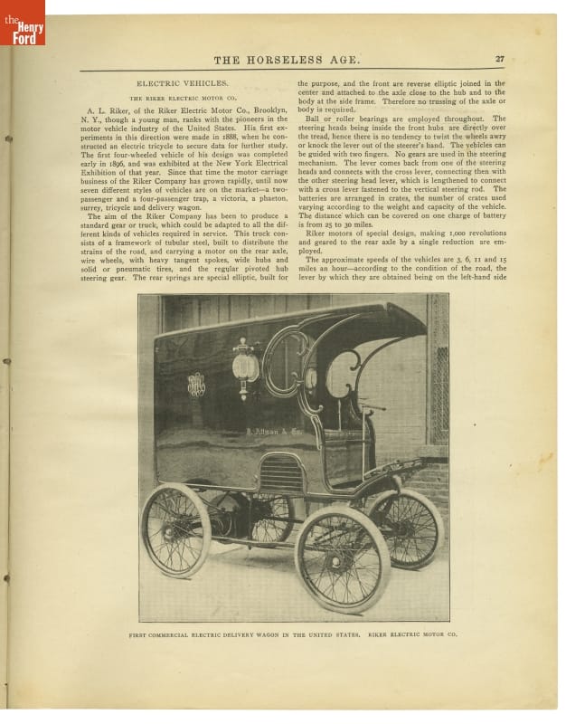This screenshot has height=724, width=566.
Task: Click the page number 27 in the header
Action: point(499,60)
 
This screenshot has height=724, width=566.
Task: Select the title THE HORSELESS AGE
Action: point(287,61)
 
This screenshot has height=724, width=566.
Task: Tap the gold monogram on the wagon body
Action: point(196,385)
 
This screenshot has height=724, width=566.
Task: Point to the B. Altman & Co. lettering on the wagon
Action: point(277,433)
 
